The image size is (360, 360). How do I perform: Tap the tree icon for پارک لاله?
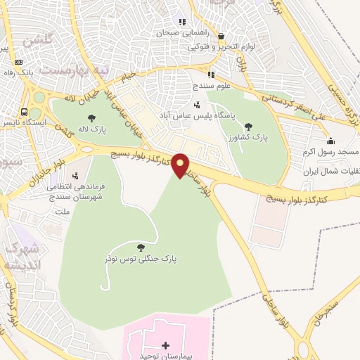[x=90, y=118]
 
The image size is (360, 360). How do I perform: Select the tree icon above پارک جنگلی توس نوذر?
[x=141, y=247]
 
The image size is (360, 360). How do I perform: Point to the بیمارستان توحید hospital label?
[x=166, y=356]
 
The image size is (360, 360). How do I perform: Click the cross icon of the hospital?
[x=166, y=345]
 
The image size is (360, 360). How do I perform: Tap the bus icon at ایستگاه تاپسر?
[x=25, y=112]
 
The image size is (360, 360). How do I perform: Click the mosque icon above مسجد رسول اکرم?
[x=331, y=141]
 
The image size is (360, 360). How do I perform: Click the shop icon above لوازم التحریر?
[x=221, y=37]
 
